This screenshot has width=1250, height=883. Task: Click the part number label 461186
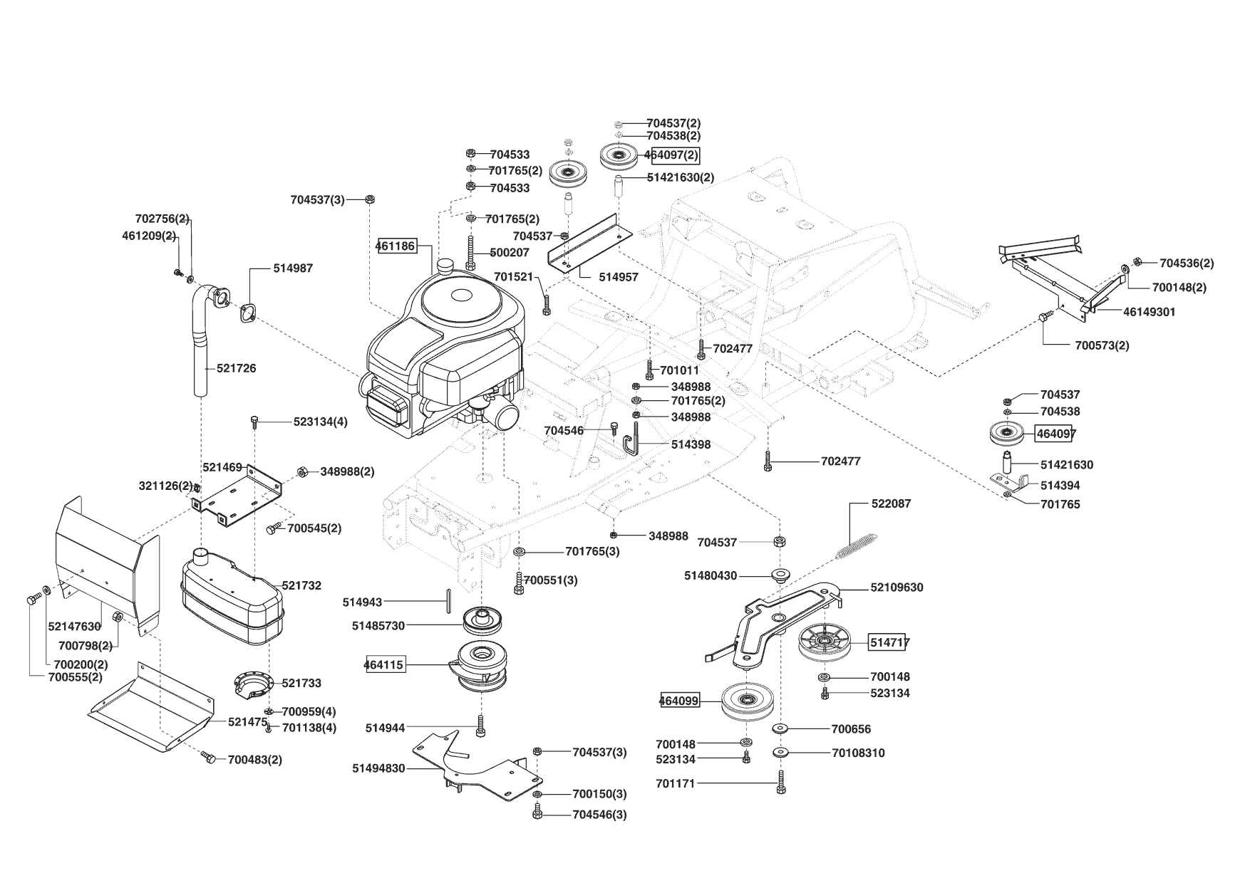(x=396, y=246)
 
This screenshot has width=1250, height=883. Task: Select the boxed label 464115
(x=384, y=665)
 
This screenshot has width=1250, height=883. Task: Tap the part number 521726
(x=237, y=368)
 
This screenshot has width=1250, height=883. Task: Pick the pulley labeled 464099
(x=746, y=701)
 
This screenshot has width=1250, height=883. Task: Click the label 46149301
(x=1150, y=312)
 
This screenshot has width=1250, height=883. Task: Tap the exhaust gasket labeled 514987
(x=247, y=312)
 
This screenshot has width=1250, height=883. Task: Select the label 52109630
(x=897, y=587)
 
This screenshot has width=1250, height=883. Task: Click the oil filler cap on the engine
(x=447, y=266)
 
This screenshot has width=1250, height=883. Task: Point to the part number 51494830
(x=378, y=768)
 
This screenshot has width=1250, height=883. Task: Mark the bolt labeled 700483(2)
(x=208, y=757)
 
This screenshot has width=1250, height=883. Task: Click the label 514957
(x=619, y=277)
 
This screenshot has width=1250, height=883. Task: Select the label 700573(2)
(x=1102, y=345)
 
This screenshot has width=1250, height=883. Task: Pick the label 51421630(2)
(x=680, y=177)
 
